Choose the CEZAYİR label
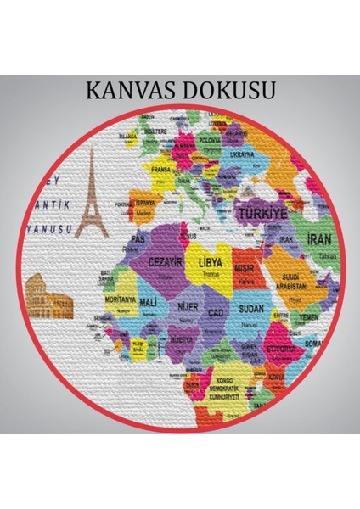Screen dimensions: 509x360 (x=167, y=262)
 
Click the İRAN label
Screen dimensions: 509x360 (x=319, y=240)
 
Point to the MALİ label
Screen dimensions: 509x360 (x=148, y=302)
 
